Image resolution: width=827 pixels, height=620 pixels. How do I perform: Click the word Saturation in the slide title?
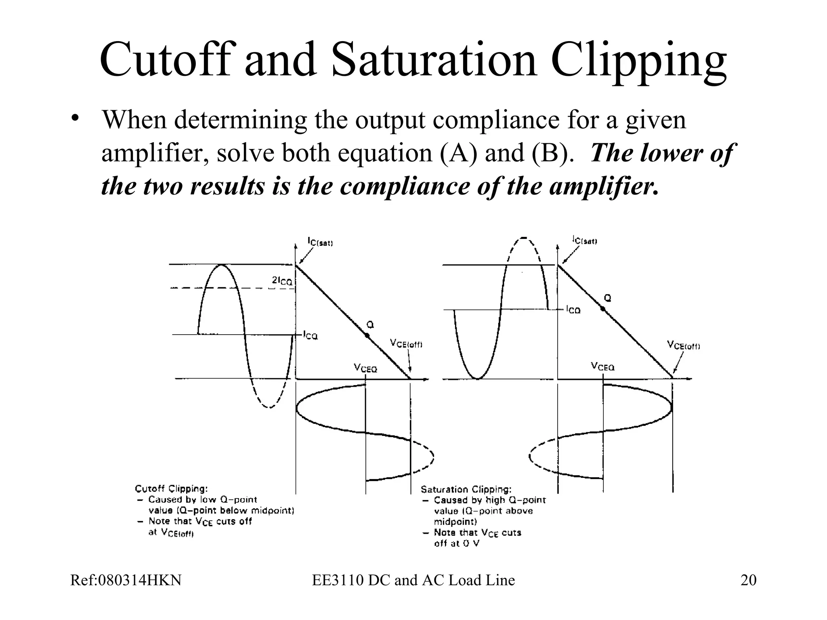click(x=434, y=61)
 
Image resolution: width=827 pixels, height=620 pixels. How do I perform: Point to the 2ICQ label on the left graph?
click(x=281, y=281)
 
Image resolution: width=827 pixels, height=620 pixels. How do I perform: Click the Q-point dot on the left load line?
click(x=367, y=335)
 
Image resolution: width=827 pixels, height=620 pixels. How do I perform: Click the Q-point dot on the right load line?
click(x=602, y=309)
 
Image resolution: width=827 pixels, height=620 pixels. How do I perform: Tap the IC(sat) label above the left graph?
click(x=320, y=242)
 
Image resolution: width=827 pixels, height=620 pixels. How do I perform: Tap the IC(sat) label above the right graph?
click(x=585, y=241)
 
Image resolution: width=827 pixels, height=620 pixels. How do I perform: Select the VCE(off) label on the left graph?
click(x=406, y=344)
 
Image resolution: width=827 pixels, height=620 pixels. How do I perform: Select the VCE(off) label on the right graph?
click(x=683, y=346)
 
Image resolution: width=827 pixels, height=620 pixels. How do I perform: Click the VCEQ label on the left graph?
click(x=365, y=368)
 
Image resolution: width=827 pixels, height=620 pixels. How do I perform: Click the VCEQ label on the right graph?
click(x=602, y=367)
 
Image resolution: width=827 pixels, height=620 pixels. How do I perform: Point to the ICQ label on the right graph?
click(x=573, y=310)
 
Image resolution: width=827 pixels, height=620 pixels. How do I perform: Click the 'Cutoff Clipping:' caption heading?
click(x=171, y=489)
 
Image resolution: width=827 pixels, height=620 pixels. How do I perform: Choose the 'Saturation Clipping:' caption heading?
click(x=466, y=489)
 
